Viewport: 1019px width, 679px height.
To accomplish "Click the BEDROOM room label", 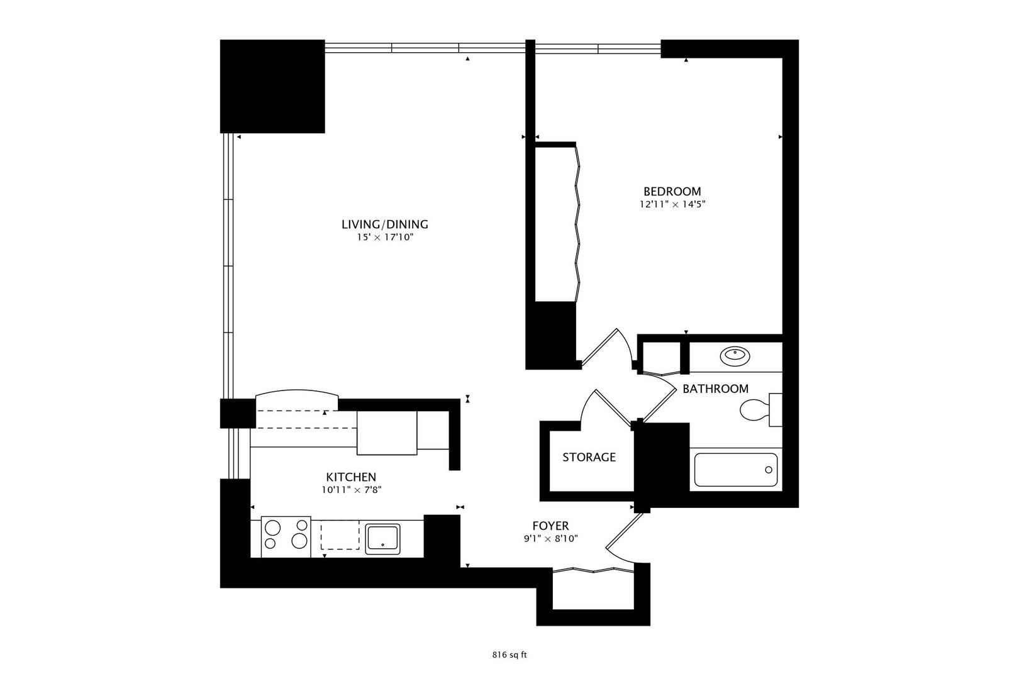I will click(672, 191).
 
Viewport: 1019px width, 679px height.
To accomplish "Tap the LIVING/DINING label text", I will click(384, 224).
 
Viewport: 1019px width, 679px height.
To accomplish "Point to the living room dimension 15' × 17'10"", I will click(384, 238).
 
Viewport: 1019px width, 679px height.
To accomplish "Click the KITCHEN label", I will click(351, 477).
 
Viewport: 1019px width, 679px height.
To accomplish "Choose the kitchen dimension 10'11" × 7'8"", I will click(351, 490).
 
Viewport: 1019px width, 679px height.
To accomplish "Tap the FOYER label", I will click(550, 526).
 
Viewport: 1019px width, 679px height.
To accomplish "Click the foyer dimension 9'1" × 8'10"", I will click(550, 539).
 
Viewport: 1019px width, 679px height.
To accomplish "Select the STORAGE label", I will click(589, 457).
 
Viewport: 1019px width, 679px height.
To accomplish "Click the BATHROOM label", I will click(715, 389).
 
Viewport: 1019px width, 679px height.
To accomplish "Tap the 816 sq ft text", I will click(509, 654).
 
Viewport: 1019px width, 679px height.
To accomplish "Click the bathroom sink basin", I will click(735, 356).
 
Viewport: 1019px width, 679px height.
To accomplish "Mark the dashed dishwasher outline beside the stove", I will click(339, 534).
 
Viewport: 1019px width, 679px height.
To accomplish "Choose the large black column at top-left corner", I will click(272, 86).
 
